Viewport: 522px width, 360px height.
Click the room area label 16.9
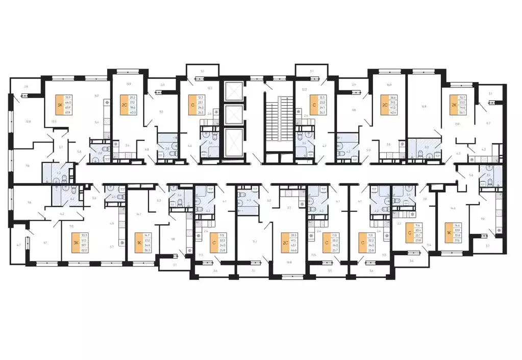click(423, 107)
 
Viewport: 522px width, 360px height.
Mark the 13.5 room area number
click(54, 122)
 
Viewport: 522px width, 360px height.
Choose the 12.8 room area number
click(29, 122)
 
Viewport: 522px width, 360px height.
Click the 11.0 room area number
click(71, 226)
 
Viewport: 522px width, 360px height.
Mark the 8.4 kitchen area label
click(97, 123)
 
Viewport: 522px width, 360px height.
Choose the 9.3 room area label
click(161, 111)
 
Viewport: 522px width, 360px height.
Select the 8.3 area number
click(159, 201)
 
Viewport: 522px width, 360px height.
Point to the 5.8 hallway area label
click(79, 151)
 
